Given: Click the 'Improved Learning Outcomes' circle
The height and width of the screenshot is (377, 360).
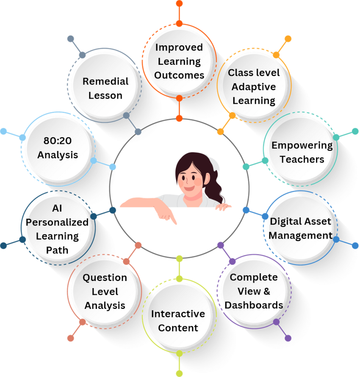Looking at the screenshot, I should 179,61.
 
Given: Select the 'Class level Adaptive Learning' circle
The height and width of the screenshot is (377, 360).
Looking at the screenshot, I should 254,87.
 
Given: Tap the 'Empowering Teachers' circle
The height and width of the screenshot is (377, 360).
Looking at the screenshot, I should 302,152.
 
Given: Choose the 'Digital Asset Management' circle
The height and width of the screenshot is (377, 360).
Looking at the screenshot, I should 301,228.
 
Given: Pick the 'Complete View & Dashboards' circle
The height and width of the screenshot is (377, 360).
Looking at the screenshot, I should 254,291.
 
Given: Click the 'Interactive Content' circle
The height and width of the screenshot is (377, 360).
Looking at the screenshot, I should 178,321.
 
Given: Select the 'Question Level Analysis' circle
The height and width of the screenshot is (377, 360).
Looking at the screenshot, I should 105,291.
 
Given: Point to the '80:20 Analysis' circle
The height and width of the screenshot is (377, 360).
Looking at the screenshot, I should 58,148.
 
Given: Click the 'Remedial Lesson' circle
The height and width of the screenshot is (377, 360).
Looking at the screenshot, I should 105,88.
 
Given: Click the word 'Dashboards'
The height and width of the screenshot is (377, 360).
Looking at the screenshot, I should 254,305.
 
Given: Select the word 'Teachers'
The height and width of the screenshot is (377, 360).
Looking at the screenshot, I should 302,160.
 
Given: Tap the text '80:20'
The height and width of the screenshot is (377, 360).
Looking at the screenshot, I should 58,140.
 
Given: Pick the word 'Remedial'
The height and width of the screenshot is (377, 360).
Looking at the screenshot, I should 105,81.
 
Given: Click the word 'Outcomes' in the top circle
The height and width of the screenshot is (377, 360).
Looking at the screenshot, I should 179,75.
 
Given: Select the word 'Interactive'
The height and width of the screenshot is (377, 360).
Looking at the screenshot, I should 178,314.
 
